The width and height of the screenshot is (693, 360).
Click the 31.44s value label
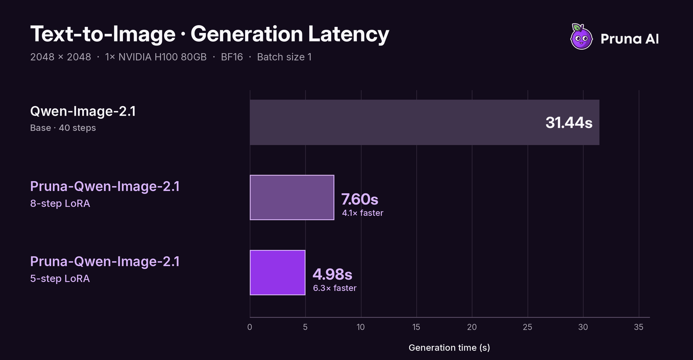click(x=569, y=123)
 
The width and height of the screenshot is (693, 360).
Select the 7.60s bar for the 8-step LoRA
click(x=292, y=198)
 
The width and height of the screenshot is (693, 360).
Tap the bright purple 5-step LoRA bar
click(x=278, y=273)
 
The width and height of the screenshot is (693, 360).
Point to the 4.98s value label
click(x=332, y=274)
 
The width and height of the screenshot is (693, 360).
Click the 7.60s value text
click(x=359, y=199)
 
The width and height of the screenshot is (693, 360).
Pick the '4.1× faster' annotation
click(x=363, y=213)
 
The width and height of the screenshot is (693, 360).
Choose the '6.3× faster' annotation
click(x=335, y=288)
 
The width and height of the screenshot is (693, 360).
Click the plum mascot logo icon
click(x=581, y=36)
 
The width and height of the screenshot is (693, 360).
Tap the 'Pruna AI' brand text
click(x=630, y=39)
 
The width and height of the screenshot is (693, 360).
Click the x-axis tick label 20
click(x=472, y=327)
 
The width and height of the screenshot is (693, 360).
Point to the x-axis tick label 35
click(x=638, y=327)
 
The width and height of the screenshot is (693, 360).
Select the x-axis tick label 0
click(x=249, y=327)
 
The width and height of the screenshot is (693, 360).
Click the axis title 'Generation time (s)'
click(x=449, y=347)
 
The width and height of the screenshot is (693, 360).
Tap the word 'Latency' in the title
click(x=348, y=34)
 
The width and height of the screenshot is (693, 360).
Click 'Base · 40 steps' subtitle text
click(x=63, y=128)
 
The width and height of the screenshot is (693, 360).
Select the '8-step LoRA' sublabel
click(x=60, y=203)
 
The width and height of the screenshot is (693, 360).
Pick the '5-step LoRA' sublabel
click(x=60, y=279)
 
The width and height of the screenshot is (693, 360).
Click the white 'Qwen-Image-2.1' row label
click(x=83, y=111)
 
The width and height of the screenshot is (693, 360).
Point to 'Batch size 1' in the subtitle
click(x=284, y=57)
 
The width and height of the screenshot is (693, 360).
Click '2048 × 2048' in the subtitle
click(x=61, y=57)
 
